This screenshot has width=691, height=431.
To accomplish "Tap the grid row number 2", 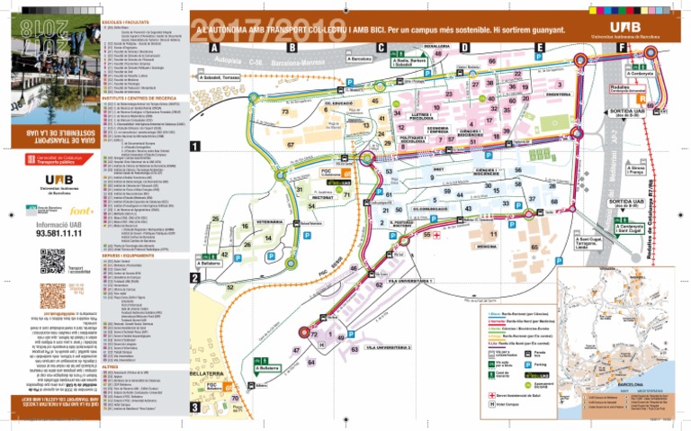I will (x=194, y=278).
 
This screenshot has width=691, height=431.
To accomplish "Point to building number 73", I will (x=284, y=112).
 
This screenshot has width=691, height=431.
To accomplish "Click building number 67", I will (x=290, y=144).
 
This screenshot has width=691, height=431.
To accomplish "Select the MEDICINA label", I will (x=487, y=246).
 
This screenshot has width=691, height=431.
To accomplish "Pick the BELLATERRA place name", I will (x=206, y=372).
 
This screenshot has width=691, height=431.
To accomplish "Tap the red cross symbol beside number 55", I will (x=437, y=234).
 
